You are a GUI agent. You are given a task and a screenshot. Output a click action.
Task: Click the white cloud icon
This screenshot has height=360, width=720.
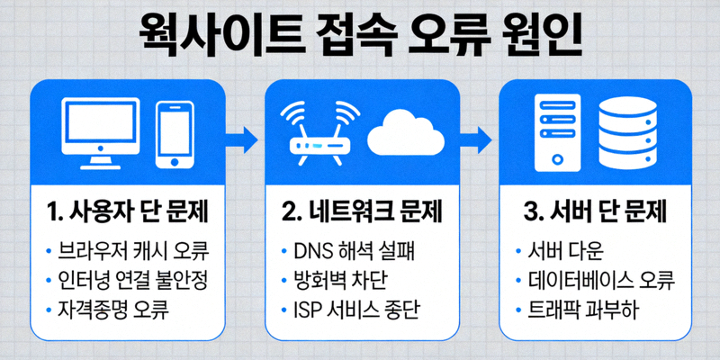click(402, 133)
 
